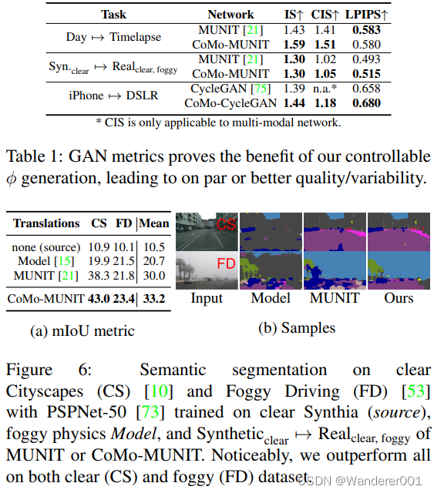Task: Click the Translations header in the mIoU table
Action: pos(47,223)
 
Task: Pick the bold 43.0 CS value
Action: pos(99,297)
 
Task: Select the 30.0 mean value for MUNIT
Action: pos(153,274)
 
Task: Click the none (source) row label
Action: pos(45,246)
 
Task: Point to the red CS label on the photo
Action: pos(225,224)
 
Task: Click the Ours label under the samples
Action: pos(398,297)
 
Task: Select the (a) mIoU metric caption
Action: pos(82,331)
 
